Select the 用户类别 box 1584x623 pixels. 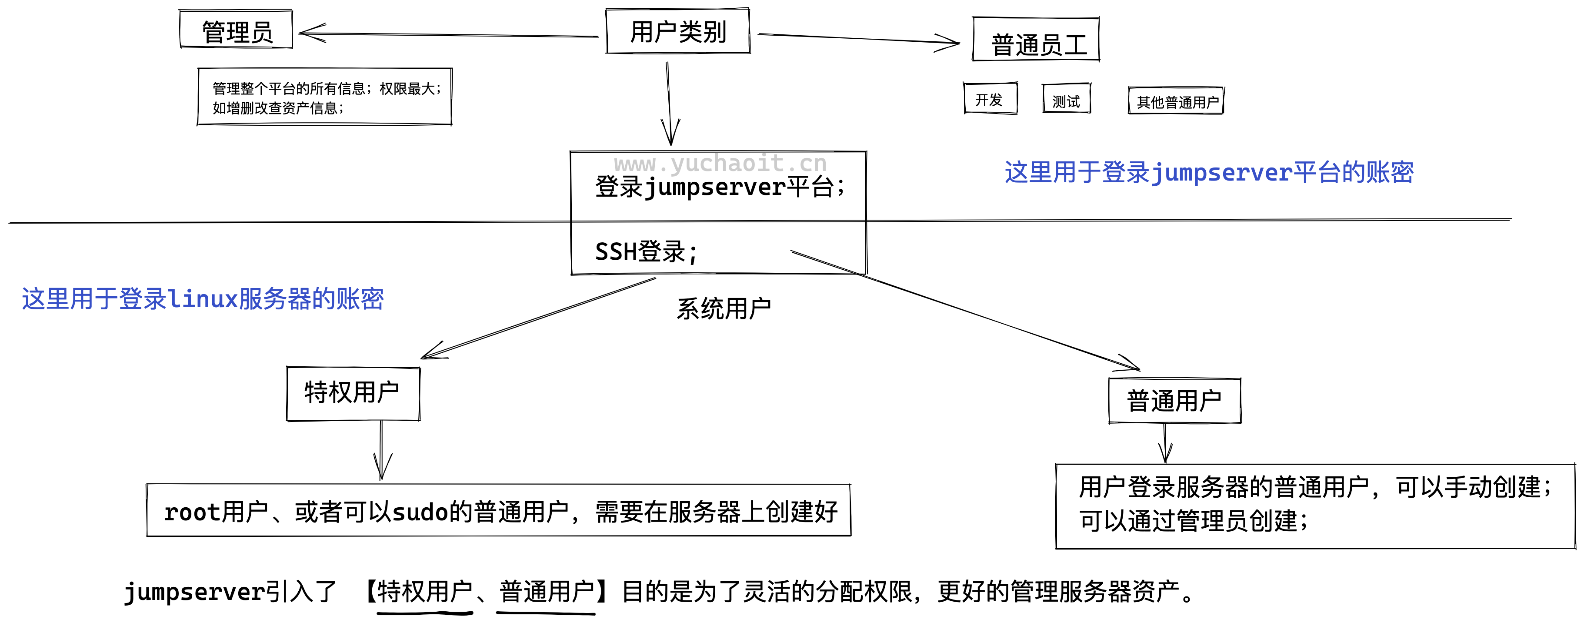tap(677, 31)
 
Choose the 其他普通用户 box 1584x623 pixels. tap(1176, 101)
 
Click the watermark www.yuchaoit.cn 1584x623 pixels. tap(720, 164)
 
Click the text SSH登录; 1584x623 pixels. tap(646, 251)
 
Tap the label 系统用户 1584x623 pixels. tap(724, 308)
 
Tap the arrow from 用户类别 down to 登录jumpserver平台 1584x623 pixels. tap(669, 98)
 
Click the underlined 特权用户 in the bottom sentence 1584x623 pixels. tap(424, 592)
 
